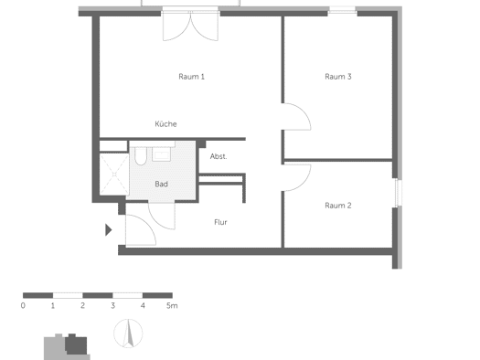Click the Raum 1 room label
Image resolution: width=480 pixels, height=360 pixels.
191,77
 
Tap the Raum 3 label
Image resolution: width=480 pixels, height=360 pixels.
338,77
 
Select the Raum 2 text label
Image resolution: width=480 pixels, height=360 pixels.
338,206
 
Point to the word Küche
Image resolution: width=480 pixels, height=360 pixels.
165,124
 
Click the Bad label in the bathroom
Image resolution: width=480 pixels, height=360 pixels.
161,184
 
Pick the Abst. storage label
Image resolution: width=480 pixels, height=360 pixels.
219,156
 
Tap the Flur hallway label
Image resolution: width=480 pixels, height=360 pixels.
220,222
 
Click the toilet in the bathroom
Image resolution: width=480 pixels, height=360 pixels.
141,156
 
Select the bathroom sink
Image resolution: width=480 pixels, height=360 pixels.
161,154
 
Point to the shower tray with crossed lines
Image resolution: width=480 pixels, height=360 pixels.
114,174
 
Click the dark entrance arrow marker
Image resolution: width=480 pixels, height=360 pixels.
109,229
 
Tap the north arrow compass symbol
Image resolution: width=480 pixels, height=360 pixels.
128,334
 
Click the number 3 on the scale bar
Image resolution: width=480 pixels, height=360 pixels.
113,305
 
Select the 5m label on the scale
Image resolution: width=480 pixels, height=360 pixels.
172,305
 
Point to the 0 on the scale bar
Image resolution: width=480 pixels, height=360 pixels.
23,305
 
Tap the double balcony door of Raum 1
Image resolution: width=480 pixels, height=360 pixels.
190,26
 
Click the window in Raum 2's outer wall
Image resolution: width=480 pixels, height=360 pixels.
399,193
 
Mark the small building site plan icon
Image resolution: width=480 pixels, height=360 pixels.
67,346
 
